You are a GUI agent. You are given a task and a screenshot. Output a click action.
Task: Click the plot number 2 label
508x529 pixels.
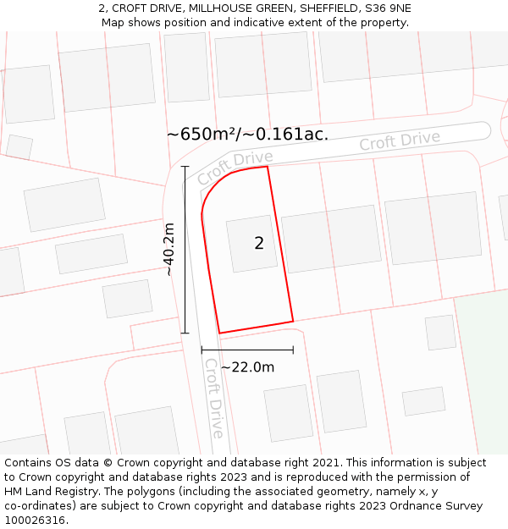click(259, 244)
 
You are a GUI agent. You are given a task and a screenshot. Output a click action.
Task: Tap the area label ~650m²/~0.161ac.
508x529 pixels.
click(247, 134)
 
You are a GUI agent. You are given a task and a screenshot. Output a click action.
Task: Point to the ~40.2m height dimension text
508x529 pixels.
click(169, 250)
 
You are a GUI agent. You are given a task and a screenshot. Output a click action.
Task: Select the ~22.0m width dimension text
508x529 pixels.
click(247, 367)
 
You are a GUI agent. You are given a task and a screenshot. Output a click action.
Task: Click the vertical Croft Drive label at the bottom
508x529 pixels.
click(214, 398)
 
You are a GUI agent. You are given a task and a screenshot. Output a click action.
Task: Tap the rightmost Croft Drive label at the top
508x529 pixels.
click(400, 141)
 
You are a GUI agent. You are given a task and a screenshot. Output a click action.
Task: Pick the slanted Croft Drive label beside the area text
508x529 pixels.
click(235, 168)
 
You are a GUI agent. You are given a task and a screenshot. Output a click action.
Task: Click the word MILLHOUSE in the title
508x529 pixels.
click(217, 8)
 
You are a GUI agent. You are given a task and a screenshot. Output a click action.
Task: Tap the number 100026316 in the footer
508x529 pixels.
click(35, 521)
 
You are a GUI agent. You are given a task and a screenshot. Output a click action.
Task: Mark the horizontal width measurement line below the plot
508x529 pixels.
click(247, 350)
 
